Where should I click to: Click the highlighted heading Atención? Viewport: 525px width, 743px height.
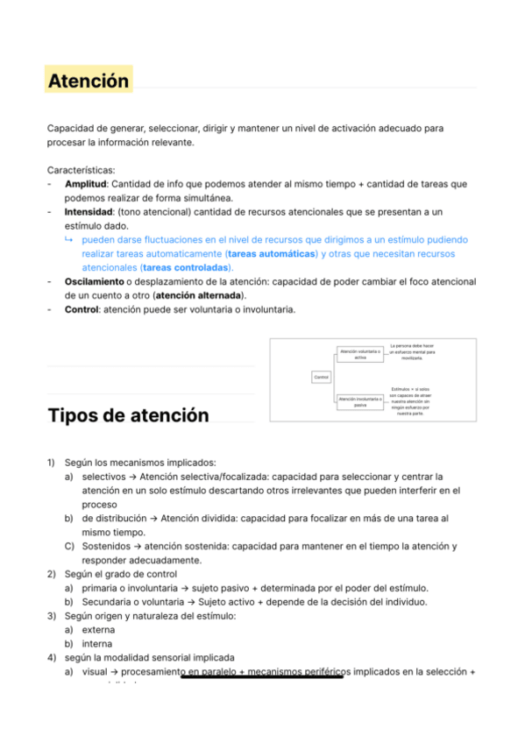pyautogui.click(x=89, y=81)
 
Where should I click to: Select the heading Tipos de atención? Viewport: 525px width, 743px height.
pyautogui.click(x=128, y=414)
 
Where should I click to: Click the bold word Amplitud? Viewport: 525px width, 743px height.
pyautogui.click(x=85, y=184)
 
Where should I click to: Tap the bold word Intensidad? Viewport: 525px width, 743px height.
pyautogui.click(x=89, y=212)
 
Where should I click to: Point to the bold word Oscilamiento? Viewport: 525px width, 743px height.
pyautogui.click(x=93, y=281)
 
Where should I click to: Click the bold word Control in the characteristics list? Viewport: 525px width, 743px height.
pyautogui.click(x=82, y=309)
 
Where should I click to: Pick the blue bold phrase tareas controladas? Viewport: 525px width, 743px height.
pyautogui.click(x=185, y=267)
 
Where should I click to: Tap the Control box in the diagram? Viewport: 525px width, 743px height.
pyautogui.click(x=321, y=377)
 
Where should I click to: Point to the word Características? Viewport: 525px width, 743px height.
pyautogui.click(x=82, y=170)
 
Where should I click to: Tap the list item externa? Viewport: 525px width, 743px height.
pyautogui.click(x=98, y=629)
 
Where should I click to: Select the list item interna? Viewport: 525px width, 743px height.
pyautogui.click(x=97, y=643)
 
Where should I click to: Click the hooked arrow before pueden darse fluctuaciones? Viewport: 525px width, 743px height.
pyautogui.click(x=69, y=239)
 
